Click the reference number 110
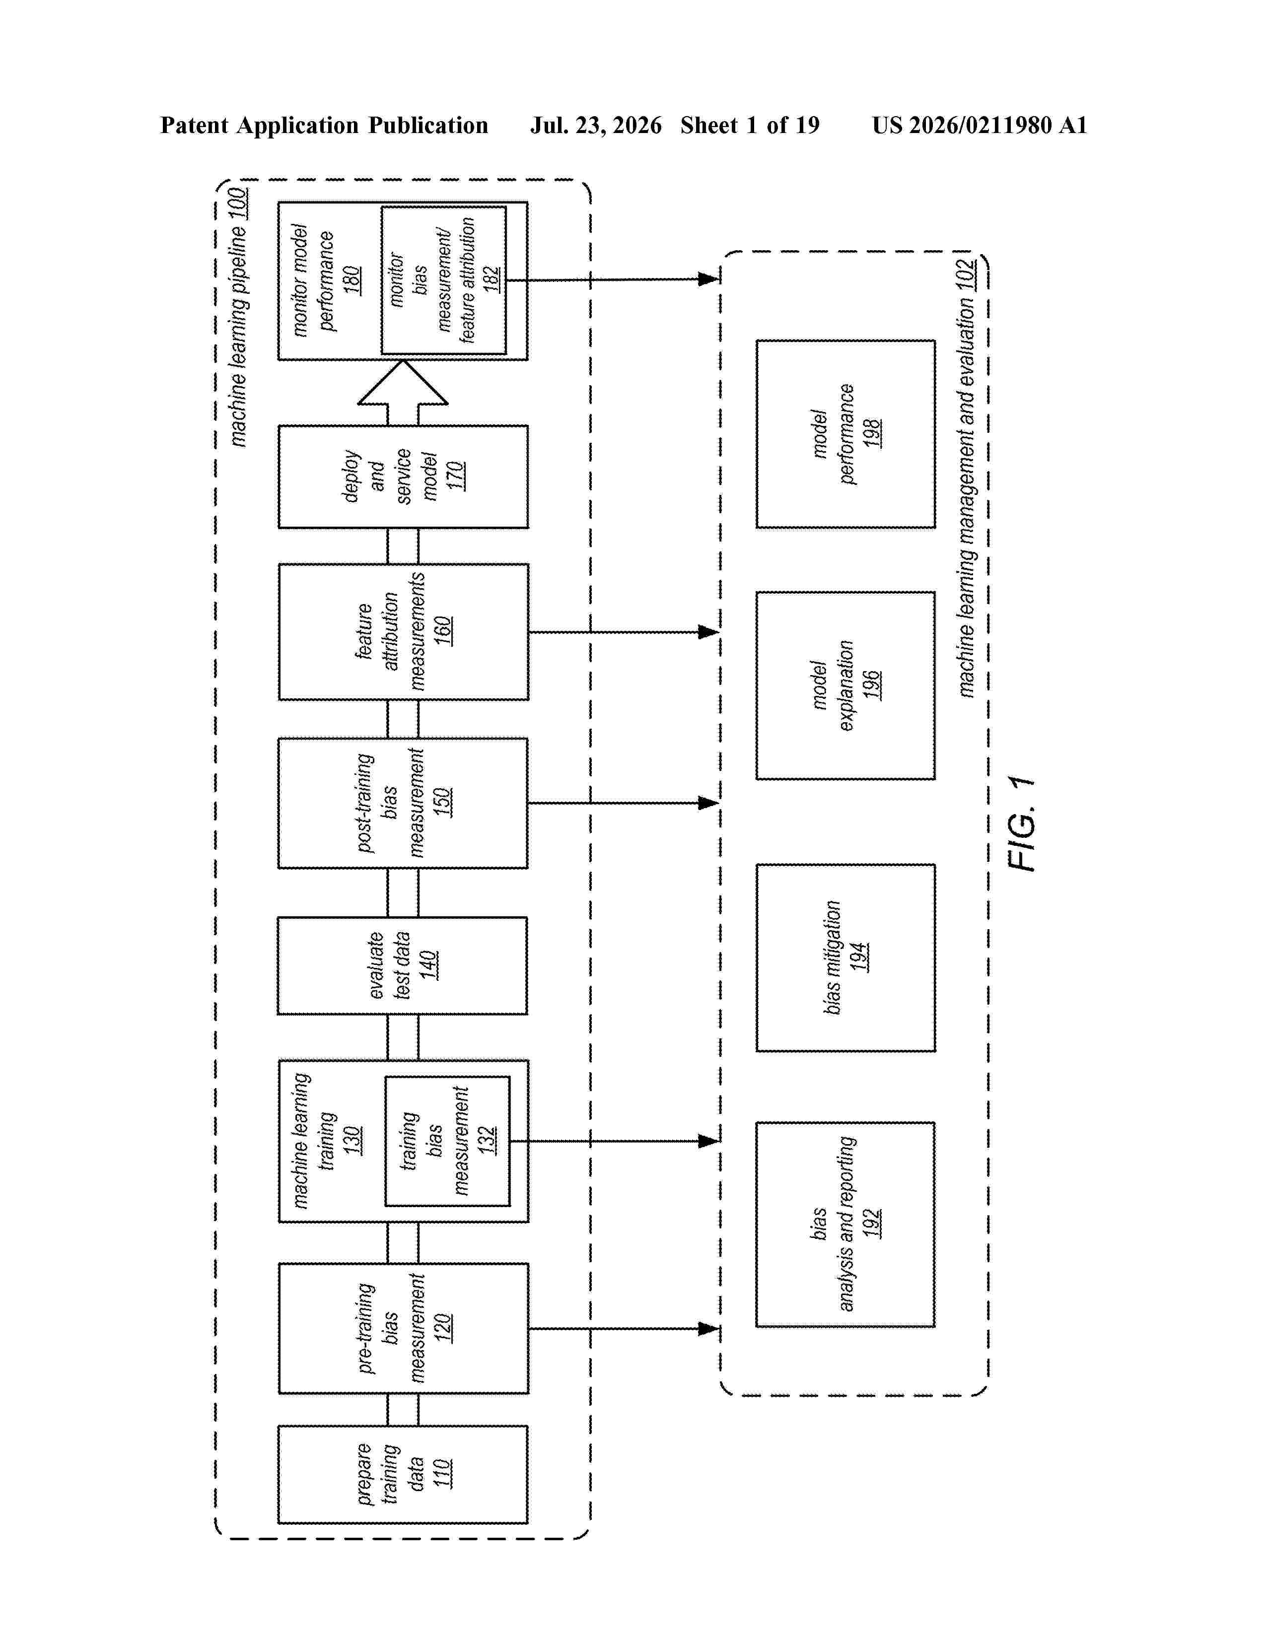(442, 1473)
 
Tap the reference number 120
(442, 1327)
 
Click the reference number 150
(442, 802)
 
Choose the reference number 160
(442, 631)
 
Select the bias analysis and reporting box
(845, 1225)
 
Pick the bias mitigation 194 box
(845, 958)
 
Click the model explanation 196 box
(845, 685)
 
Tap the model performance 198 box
(845, 434)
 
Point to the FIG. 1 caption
(1022, 823)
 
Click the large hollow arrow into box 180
(403, 392)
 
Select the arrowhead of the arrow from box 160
(709, 631)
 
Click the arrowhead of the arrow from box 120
(709, 1328)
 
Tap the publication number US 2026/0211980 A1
(980, 125)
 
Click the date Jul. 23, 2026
(596, 125)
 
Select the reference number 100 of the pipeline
(238, 204)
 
